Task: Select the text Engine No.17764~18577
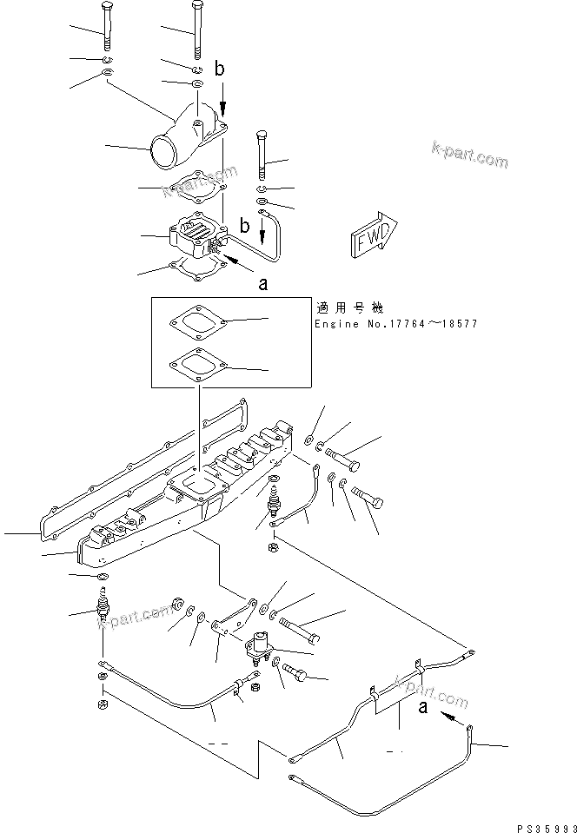click(395, 324)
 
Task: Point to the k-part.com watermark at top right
click(469, 155)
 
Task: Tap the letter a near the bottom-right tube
click(423, 708)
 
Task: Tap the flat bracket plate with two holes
click(234, 619)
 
